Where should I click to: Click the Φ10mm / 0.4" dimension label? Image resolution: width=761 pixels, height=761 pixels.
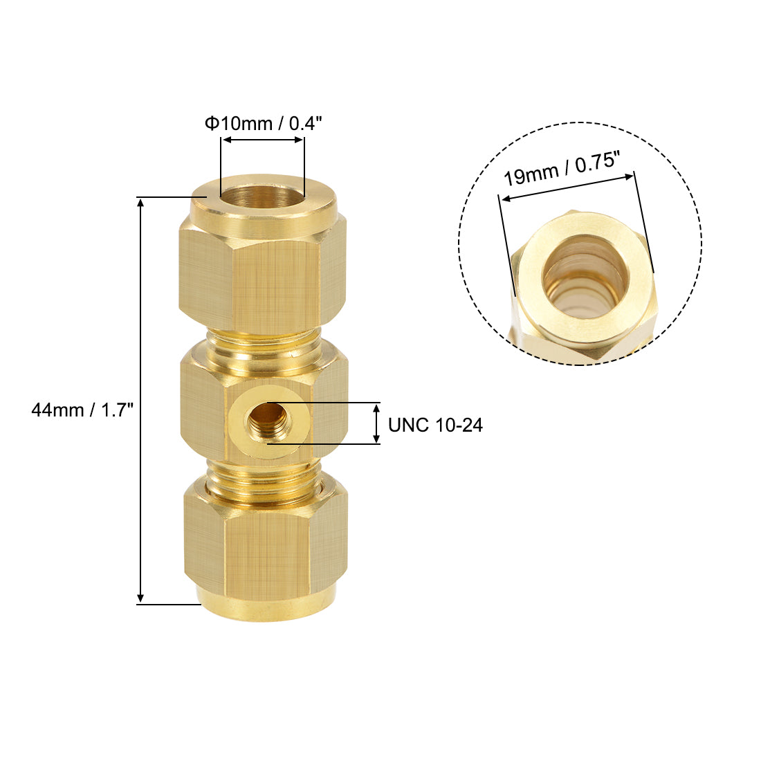pyautogui.click(x=263, y=124)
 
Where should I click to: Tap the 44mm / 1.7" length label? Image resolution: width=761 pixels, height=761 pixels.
pyautogui.click(x=82, y=410)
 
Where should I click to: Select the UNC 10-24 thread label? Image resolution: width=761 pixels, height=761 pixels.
pyautogui.click(x=435, y=425)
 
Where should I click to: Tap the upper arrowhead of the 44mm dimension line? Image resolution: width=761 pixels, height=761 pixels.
pyautogui.click(x=141, y=203)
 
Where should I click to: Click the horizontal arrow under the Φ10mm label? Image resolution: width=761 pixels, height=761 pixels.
pyautogui.click(x=262, y=140)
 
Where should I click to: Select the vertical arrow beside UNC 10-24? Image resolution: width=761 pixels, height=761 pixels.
pyautogui.click(x=376, y=423)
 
